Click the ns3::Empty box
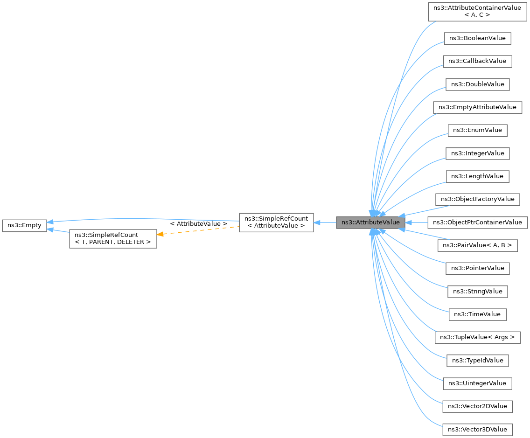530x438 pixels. tap(24, 225)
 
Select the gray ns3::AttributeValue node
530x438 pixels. tap(370, 222)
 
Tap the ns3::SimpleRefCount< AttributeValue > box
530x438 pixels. tap(276, 222)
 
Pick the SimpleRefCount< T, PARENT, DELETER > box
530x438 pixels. tap(113, 238)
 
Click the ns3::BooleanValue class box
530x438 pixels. tap(477, 38)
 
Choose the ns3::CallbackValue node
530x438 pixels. tap(477, 61)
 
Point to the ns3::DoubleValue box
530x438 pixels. tap(477, 84)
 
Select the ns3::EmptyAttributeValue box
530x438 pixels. tap(477, 107)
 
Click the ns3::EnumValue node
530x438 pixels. tap(477, 130)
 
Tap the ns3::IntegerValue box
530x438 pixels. tap(477, 153)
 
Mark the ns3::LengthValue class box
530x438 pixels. tap(477, 176)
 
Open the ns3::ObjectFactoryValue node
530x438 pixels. tap(477, 199)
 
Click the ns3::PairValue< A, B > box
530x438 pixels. tap(477, 245)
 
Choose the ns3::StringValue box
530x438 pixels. tap(477, 292)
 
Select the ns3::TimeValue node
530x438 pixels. tap(477, 314)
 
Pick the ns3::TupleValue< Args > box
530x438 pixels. tap(477, 337)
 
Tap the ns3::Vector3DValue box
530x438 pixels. tap(477, 429)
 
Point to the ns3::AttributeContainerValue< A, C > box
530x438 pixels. tap(477, 11)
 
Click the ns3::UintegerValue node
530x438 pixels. tap(477, 383)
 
